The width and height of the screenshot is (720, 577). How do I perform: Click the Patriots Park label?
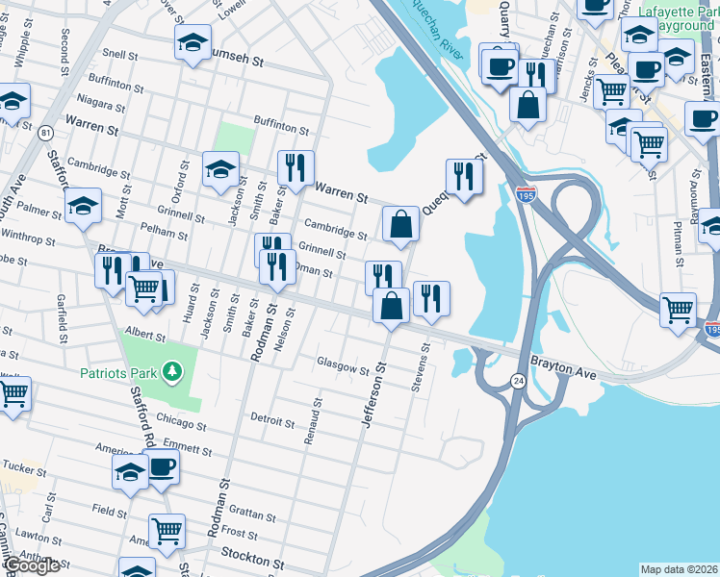(121, 370)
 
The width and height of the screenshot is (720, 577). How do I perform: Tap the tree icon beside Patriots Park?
(172, 370)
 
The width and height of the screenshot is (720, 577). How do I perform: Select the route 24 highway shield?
(519, 382)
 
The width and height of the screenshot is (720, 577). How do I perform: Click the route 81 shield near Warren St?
(46, 132)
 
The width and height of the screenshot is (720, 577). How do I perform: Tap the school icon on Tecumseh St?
(193, 42)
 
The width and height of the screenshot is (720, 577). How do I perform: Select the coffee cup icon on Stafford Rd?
(161, 466)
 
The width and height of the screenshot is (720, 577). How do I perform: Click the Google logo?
(31, 565)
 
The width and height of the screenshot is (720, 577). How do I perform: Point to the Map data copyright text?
(679, 568)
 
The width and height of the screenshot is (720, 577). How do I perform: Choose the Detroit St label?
(271, 421)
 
